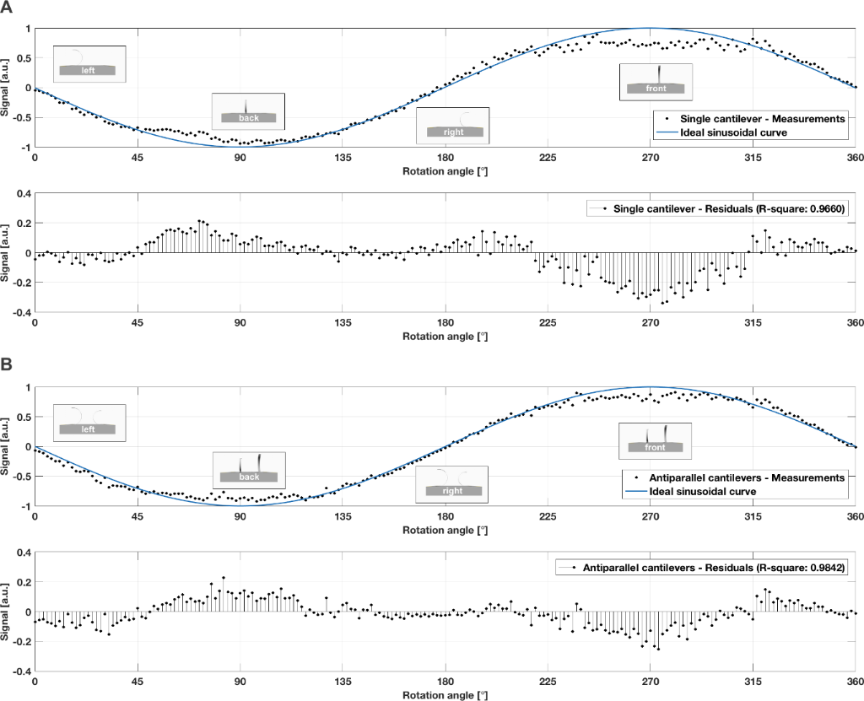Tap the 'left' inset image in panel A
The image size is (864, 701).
[x=89, y=64]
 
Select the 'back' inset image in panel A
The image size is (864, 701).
[x=248, y=111]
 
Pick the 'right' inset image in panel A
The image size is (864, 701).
[x=453, y=125]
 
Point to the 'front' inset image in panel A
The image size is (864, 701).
[x=656, y=81]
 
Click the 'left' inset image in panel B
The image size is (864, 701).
[x=89, y=423]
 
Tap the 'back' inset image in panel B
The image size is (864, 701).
[x=249, y=470]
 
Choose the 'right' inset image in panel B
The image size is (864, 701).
[x=452, y=483]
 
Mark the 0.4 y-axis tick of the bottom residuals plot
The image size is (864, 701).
[x=23, y=553]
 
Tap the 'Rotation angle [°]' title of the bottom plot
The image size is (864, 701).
[x=445, y=695]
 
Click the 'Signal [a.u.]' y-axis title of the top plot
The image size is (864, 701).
[x=8, y=88]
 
